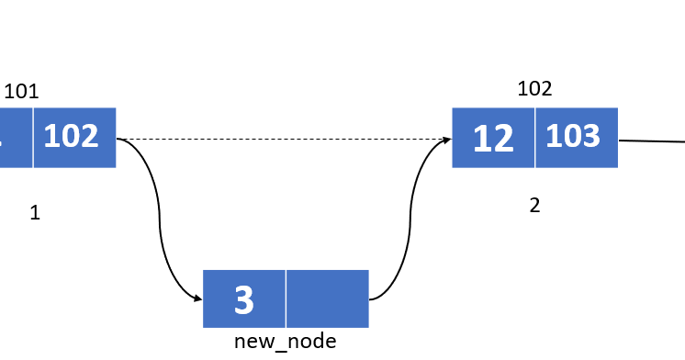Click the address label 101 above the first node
coord(21,91)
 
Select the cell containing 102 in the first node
coord(74,138)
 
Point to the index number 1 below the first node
coord(35,213)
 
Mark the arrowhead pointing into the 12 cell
coord(446,140)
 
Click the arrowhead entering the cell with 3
coord(197,298)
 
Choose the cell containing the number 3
coord(244,298)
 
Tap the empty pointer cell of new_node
coord(327,298)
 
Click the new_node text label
coord(285,342)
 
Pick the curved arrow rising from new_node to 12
coord(405,220)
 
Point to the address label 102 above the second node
coord(534,88)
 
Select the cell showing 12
coord(493,138)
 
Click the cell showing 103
coord(576,138)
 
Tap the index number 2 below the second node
coord(534,206)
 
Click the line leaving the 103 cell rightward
coord(652,141)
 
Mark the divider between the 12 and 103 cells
coord(534,138)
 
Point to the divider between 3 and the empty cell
coord(286,298)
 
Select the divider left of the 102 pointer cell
coord(33,138)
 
